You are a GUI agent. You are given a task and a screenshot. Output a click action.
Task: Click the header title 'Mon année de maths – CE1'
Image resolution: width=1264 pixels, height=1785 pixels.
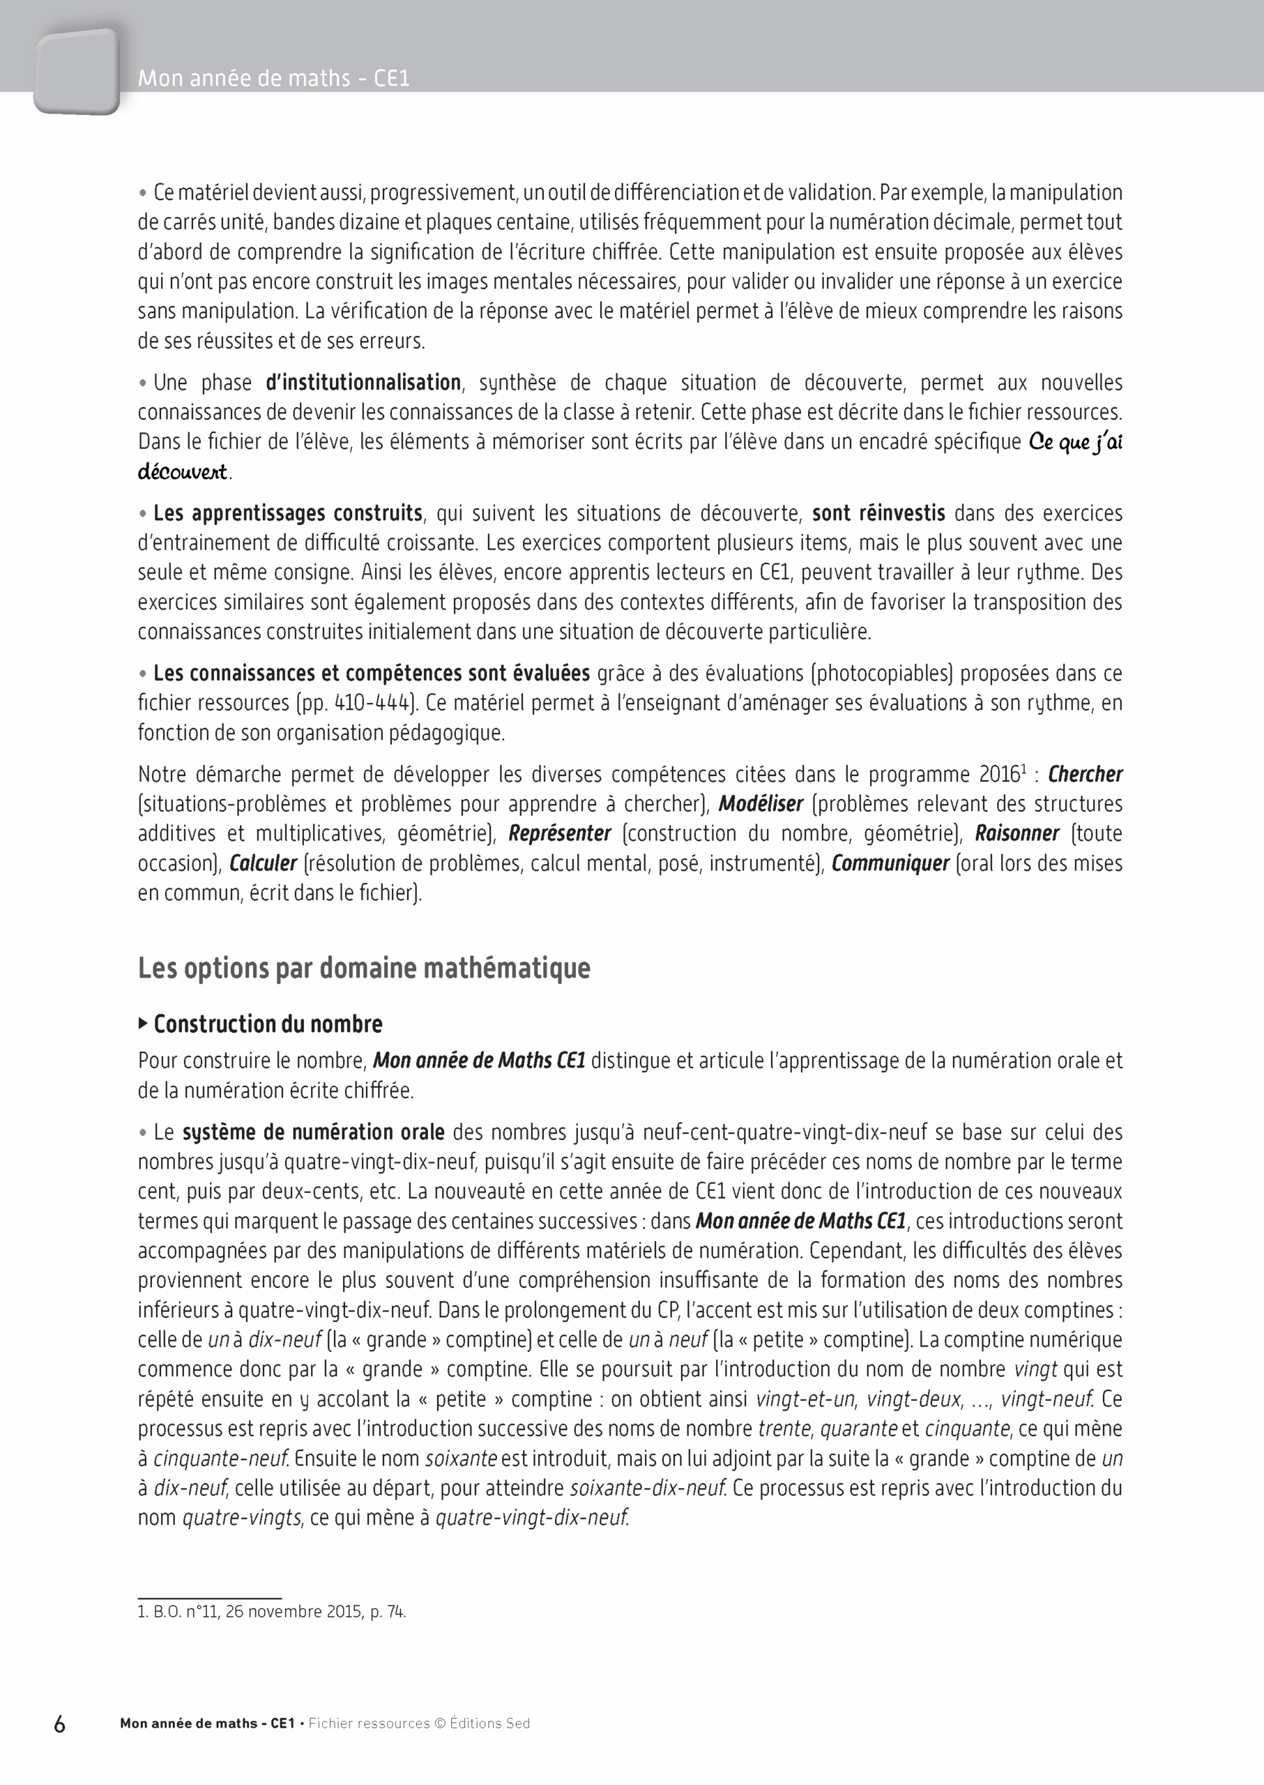click(x=273, y=79)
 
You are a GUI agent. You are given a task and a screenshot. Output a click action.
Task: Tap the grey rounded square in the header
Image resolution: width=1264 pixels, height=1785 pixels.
click(x=76, y=72)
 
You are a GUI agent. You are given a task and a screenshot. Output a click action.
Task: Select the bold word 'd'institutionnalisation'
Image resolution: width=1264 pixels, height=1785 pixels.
click(x=363, y=383)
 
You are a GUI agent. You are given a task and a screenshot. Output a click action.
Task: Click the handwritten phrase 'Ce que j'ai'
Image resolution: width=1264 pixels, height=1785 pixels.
click(x=1075, y=442)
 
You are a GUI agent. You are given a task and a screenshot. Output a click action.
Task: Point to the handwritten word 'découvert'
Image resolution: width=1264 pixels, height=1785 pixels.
click(x=183, y=472)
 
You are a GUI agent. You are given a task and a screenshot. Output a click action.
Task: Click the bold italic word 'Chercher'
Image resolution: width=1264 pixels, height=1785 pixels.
click(x=1085, y=775)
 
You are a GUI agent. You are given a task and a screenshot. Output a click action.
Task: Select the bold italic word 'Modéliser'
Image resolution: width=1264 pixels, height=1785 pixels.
click(x=761, y=804)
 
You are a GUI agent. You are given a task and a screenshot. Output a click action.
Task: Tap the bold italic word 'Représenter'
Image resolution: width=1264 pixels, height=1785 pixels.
click(x=560, y=834)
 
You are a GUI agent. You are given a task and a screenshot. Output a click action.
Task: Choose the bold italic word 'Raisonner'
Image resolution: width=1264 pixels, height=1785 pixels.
click(x=1016, y=834)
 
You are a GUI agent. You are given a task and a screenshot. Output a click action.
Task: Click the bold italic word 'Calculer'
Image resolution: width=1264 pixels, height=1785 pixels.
click(x=263, y=863)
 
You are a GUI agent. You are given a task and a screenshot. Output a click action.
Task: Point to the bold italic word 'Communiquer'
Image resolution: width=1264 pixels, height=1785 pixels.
click(x=890, y=863)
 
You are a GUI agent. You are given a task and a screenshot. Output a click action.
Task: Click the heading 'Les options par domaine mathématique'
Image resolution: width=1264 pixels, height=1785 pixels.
click(x=363, y=969)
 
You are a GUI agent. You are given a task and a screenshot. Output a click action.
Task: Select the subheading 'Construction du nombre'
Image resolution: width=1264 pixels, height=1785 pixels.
click(x=268, y=1024)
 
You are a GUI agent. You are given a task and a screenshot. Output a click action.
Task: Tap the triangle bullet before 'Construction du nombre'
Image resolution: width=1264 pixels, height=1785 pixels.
click(x=142, y=1024)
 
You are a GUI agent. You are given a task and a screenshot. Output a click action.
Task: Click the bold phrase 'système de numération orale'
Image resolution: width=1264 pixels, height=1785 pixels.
click(x=314, y=1132)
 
